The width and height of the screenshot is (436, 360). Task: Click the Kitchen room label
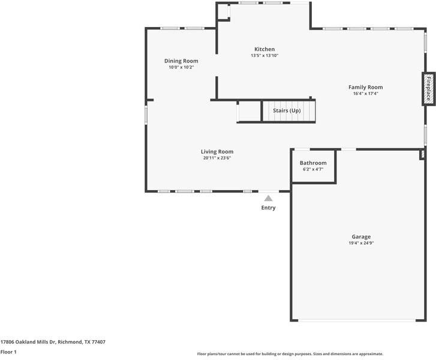click(264, 49)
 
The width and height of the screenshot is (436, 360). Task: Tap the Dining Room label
click(181, 61)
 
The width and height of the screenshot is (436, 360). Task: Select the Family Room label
click(365, 87)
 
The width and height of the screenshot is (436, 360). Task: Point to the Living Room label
click(217, 152)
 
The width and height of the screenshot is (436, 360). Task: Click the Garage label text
click(360, 237)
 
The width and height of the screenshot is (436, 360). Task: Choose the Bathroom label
click(313, 163)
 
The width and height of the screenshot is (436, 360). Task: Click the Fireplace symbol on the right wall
click(428, 89)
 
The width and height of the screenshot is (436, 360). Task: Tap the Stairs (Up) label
click(287, 111)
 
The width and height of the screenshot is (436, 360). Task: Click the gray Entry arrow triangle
click(268, 198)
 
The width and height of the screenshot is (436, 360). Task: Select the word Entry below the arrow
click(268, 208)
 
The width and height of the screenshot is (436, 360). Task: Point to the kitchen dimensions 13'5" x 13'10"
click(264, 56)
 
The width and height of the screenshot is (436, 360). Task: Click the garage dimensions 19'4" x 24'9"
click(360, 244)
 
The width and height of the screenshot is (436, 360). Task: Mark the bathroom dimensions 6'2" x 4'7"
click(313, 170)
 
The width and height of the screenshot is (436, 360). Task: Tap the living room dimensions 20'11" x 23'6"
click(217, 158)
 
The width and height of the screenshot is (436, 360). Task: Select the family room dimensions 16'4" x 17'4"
click(365, 94)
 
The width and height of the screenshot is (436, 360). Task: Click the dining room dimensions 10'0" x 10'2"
click(181, 67)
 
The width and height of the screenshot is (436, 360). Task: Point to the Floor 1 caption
click(8, 352)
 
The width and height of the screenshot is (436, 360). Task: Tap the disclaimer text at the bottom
click(290, 354)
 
